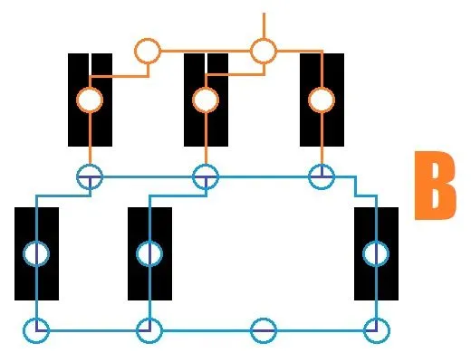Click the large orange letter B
pyautogui.click(x=435, y=186)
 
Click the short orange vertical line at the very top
pyautogui.click(x=264, y=25)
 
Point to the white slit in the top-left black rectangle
pyautogui.click(x=90, y=64)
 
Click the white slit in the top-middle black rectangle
pyautogui.click(x=206, y=63)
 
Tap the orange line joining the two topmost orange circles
pyautogui.click(x=206, y=51)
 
